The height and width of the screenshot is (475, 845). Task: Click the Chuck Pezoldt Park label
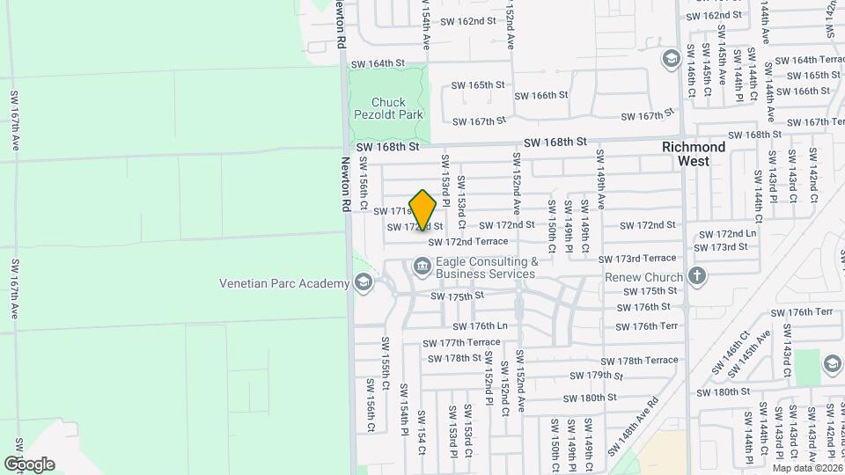[x=388, y=108]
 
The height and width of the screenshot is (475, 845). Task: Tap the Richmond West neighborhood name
[x=694, y=154]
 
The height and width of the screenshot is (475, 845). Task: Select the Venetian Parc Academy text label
[x=283, y=283]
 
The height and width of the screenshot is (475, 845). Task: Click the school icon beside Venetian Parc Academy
[x=362, y=282]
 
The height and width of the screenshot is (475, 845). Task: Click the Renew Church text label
[x=643, y=278]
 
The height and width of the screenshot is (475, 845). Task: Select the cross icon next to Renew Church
[x=697, y=276]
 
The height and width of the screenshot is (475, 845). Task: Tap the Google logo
[x=29, y=464]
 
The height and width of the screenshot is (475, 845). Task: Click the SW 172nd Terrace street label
[x=468, y=241]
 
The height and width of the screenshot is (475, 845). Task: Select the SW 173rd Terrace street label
[x=637, y=259]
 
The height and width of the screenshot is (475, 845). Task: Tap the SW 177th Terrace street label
[x=461, y=343]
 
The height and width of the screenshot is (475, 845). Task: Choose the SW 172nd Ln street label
[x=726, y=234]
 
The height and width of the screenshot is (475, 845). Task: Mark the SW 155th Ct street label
[x=386, y=364]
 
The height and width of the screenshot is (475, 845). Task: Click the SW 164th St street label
[x=377, y=63]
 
